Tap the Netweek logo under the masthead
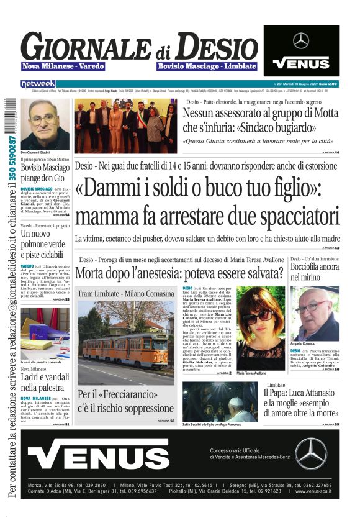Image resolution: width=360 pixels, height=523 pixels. (x=38, y=83)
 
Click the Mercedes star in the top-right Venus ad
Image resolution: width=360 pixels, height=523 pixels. (x=301, y=40)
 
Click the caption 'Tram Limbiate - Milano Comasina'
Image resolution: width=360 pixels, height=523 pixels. (x=126, y=293)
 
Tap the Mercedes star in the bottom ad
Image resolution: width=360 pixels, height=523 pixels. (x=310, y=453)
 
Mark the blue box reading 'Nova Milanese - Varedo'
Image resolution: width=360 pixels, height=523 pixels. (x=63, y=66)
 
